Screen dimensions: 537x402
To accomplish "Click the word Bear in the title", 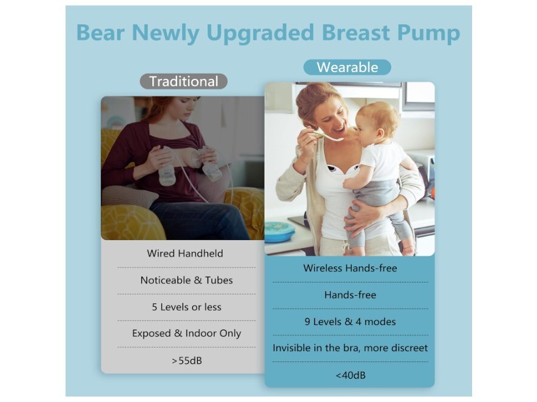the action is [100, 33].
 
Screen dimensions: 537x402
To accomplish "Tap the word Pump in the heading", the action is [428, 33].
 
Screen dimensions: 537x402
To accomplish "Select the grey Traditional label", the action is [184, 81].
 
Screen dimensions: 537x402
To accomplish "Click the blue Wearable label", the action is [347, 67].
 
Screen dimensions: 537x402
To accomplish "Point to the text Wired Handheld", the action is [185, 253].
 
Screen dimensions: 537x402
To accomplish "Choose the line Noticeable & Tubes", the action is [187, 280].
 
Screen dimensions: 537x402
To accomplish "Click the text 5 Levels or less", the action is [187, 307].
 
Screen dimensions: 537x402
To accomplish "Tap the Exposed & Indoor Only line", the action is [187, 333].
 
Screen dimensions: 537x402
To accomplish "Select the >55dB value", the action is [187, 361].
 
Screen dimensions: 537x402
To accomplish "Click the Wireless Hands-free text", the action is [350, 268].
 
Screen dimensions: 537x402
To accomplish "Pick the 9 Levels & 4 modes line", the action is [350, 321].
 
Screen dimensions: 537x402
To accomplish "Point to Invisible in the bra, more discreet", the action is [350, 348].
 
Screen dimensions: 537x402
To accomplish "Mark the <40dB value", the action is [350, 375].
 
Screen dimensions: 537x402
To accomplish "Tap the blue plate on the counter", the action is [280, 232].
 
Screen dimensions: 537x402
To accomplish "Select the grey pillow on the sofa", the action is [129, 196].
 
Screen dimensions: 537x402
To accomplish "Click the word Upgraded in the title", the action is [260, 33].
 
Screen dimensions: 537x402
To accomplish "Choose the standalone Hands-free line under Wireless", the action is [350, 295].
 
